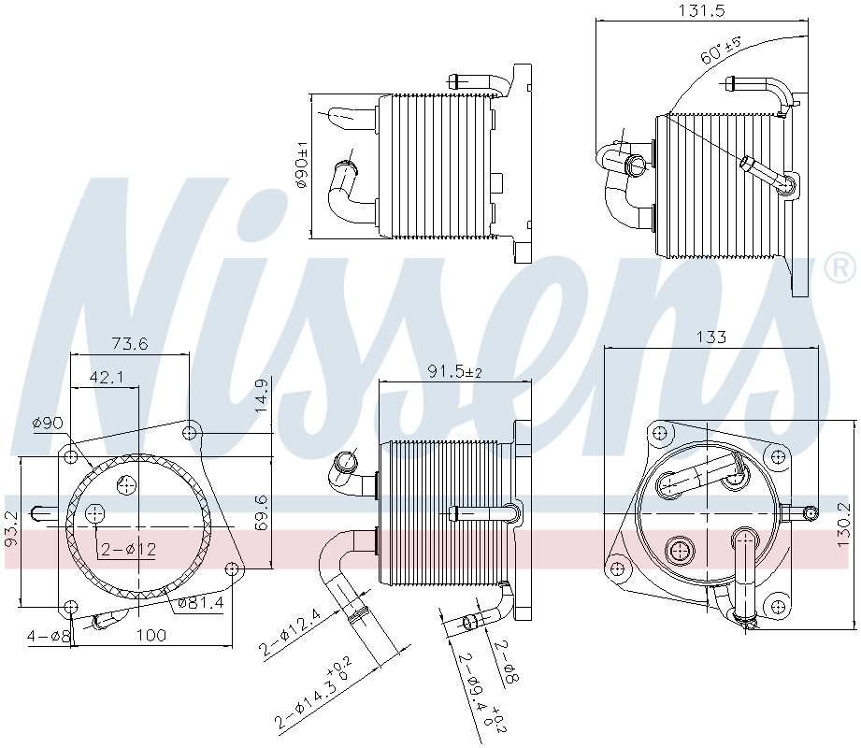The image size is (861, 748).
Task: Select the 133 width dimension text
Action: tap(712, 338)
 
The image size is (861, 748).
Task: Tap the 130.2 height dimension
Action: tap(843, 528)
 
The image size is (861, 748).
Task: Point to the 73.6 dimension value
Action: tap(129, 344)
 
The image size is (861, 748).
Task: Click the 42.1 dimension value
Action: tap(108, 377)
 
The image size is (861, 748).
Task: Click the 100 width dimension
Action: tap(151, 636)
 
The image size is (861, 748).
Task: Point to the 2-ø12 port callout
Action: tap(129, 549)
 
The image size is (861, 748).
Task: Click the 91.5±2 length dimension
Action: tap(454, 372)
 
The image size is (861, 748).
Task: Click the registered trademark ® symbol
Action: tap(839, 269)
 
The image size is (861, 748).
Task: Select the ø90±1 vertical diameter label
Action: tap(302, 165)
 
